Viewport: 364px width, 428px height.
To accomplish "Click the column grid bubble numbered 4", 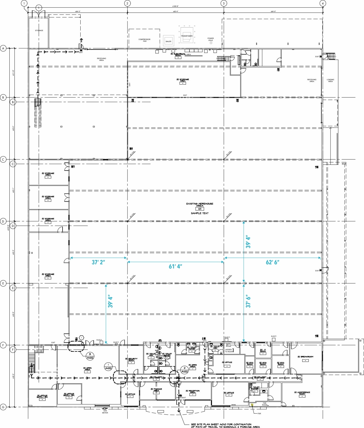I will coord(323,3).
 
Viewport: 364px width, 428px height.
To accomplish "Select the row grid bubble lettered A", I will coord(3,48).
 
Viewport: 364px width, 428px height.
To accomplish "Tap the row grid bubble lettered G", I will coord(3,407).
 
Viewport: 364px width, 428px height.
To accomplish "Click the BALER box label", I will coord(169,41).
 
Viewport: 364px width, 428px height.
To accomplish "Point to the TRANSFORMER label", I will coord(187,36).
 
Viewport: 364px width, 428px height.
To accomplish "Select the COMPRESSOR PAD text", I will coord(144,40).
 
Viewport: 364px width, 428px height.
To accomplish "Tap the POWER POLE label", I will coord(211,39).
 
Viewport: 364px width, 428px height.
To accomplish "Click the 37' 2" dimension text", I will coord(98,262).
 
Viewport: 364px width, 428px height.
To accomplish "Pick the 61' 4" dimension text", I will coord(175,266).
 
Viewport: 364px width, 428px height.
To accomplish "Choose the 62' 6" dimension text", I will coord(272,262).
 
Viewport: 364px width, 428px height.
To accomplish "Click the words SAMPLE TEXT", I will coord(200,213).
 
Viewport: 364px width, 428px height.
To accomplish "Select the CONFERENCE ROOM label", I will coord(302,393).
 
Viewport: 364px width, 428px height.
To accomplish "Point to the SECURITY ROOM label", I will coord(132,360).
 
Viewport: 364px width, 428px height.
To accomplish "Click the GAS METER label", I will coord(105,412).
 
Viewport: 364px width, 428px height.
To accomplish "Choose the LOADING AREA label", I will coord(330,80).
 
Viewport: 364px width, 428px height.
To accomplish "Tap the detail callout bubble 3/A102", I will coord(90,356).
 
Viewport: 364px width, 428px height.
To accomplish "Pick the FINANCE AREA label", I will coord(156,390).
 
